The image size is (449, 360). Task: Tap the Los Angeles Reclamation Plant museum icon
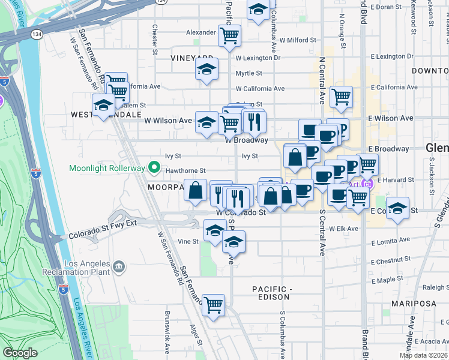point(119,265)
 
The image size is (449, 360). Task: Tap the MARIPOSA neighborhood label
point(414,304)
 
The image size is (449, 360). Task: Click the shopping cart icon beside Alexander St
point(229,36)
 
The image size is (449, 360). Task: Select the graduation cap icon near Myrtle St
point(206,70)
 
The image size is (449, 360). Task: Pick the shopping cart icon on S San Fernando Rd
point(213,305)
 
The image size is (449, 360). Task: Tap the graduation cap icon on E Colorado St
point(397,208)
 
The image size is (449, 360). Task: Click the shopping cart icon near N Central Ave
point(341,97)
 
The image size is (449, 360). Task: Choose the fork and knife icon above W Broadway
point(254,121)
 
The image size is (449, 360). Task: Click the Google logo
point(20,353)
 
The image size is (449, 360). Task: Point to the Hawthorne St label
point(187,170)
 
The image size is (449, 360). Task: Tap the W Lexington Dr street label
point(258,58)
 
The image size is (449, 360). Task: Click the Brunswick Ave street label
point(167,330)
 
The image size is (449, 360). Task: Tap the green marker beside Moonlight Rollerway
point(154,167)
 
